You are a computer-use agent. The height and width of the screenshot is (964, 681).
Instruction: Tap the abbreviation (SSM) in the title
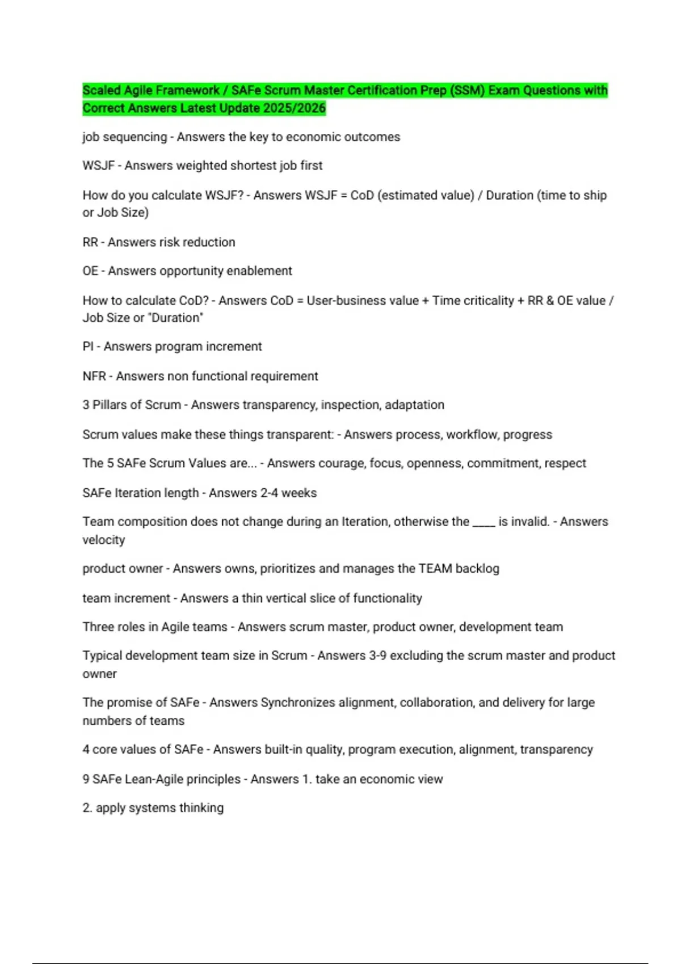click(467, 90)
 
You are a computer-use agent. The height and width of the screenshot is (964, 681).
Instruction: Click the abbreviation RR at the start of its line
click(90, 242)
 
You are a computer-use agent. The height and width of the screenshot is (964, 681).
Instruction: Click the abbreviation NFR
click(94, 376)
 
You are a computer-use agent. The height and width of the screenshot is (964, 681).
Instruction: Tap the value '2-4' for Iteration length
click(269, 493)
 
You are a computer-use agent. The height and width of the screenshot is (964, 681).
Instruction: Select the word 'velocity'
click(103, 540)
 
